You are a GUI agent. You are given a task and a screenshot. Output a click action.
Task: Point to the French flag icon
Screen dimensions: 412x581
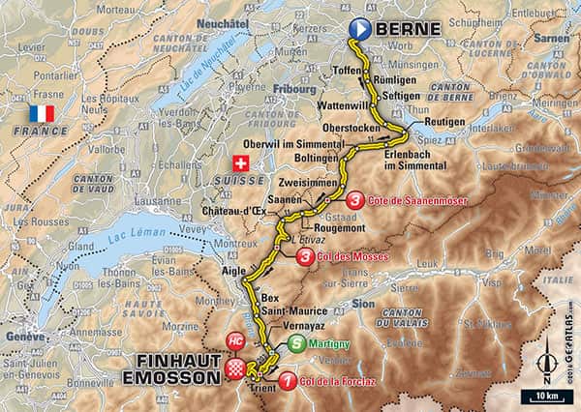coord(42,113)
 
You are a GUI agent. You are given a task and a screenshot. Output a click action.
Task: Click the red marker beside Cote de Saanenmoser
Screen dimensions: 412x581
coord(357,199)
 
